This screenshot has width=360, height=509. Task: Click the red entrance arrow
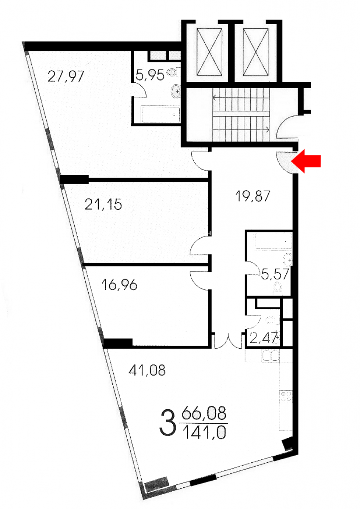point(306,162)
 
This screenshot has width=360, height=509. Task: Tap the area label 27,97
point(66,77)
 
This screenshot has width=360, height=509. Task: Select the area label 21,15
point(103,204)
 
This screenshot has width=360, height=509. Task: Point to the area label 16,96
point(120,285)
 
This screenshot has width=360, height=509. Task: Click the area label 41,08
point(147,370)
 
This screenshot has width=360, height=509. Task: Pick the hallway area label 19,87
point(253,196)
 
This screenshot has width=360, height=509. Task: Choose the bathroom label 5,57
point(275,274)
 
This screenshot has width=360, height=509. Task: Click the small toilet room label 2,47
point(264,338)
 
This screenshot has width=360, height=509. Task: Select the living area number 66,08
point(204,413)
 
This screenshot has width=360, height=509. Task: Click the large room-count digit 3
point(168,424)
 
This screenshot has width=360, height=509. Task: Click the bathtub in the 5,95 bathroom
point(160,114)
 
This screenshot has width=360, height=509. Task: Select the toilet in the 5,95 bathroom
point(173,73)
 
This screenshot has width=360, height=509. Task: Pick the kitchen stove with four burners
point(286,397)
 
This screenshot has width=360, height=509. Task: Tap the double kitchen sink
point(271,356)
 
